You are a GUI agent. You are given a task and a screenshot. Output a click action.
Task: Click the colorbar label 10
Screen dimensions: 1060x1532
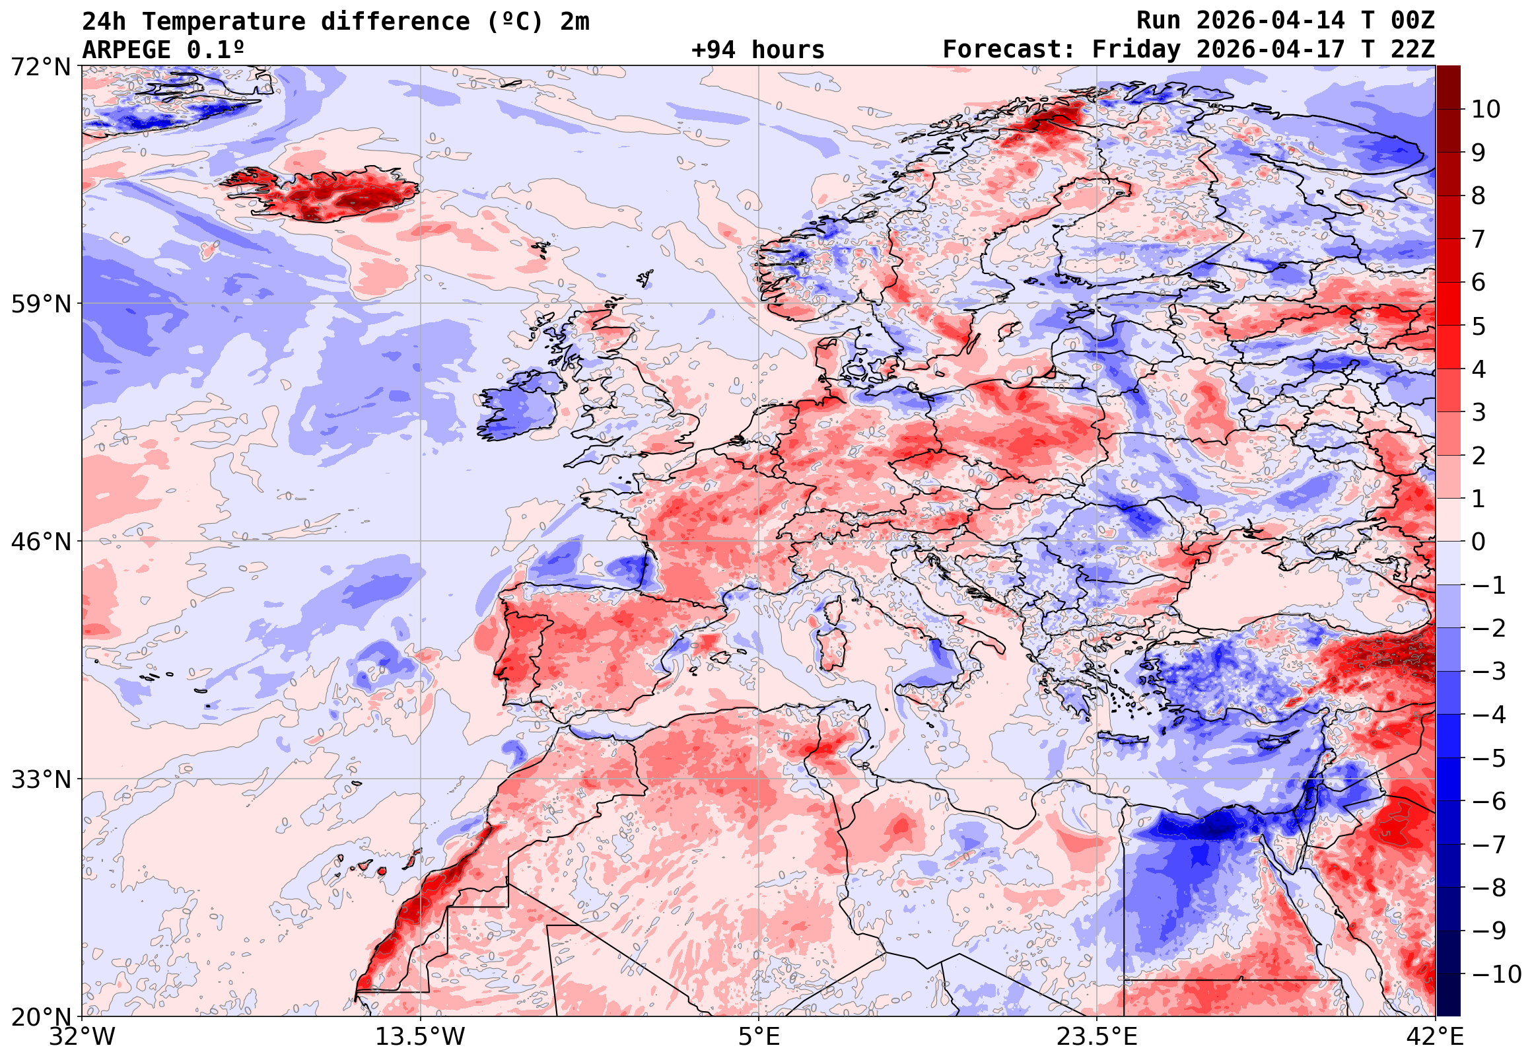click(x=1486, y=110)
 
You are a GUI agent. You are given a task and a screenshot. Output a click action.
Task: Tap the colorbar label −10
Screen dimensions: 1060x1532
click(x=1497, y=974)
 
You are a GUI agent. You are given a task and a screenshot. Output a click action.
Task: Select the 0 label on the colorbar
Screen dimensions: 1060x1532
click(x=1479, y=542)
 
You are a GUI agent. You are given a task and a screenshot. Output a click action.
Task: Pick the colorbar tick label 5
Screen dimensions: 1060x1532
click(x=1479, y=326)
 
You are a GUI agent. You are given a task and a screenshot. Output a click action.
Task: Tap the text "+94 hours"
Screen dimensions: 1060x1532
click(x=757, y=50)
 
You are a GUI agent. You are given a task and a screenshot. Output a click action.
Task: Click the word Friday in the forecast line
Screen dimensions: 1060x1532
click(x=1137, y=50)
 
